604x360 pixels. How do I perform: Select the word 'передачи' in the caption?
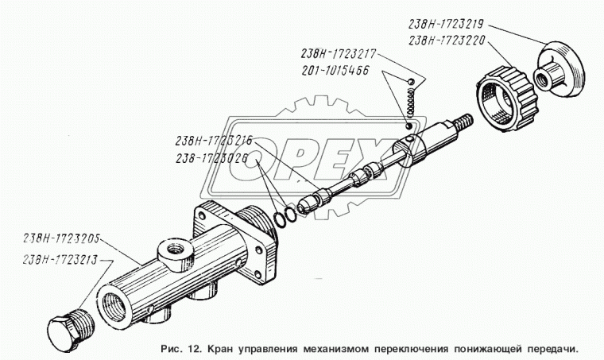click(x=547, y=348)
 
